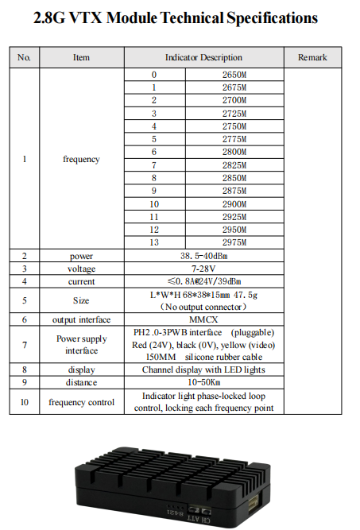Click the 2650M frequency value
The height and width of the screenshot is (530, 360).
[x=234, y=75]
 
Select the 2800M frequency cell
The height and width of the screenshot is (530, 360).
[x=234, y=152]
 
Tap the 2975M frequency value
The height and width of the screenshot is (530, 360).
[x=234, y=242]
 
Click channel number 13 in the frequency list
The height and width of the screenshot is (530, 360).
[x=154, y=242]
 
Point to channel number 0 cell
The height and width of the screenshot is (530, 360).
[x=154, y=75]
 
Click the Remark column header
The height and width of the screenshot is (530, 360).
[x=312, y=57]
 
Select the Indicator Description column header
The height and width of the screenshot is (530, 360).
[x=203, y=57]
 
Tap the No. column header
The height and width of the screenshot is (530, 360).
[x=25, y=57]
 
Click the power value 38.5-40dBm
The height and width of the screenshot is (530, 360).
[x=203, y=256]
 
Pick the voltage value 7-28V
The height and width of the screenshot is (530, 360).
[x=203, y=269]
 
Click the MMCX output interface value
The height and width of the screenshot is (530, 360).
[x=203, y=319]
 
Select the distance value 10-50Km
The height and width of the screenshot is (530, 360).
[x=203, y=382]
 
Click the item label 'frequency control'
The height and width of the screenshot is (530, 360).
[x=81, y=402]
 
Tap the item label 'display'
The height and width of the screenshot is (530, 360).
[x=81, y=369]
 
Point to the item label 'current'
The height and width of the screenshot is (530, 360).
[x=81, y=281]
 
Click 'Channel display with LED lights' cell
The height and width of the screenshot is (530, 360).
[x=203, y=369]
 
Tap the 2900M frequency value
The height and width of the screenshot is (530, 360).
[x=234, y=203]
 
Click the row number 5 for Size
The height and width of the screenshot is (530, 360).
[x=25, y=300]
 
